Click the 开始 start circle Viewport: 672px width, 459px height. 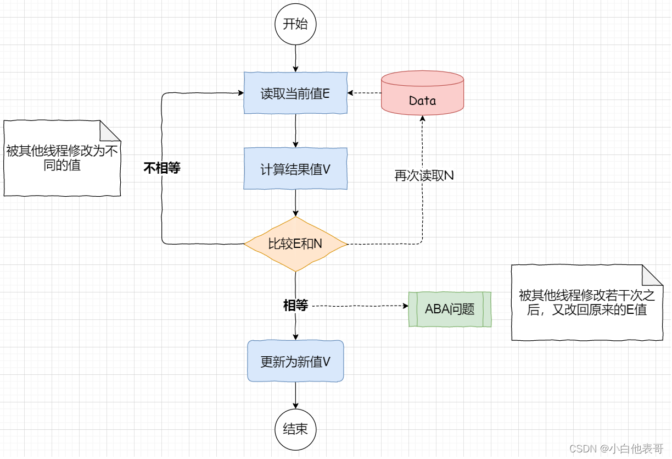(295, 24)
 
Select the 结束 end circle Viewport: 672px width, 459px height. (295, 429)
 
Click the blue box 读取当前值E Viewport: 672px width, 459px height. (295, 93)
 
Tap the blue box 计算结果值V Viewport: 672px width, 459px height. (295, 169)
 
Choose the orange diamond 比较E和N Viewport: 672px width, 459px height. (295, 244)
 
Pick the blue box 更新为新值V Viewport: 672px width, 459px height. (295, 361)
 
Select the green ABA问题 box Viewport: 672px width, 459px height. (450, 309)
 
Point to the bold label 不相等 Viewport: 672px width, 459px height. (162, 168)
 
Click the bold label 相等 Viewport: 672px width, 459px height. (295, 306)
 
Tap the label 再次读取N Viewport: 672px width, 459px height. (424, 176)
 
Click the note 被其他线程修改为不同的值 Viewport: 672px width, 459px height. (62, 158)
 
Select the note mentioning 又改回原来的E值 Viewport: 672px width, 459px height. (587, 303)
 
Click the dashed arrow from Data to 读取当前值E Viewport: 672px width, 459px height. (365, 93)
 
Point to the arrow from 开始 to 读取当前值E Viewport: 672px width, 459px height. (296, 58)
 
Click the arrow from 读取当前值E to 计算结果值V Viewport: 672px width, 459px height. (296, 131)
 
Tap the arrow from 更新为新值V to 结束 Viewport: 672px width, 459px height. (296, 395)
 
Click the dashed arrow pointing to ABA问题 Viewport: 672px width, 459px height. (360, 306)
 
